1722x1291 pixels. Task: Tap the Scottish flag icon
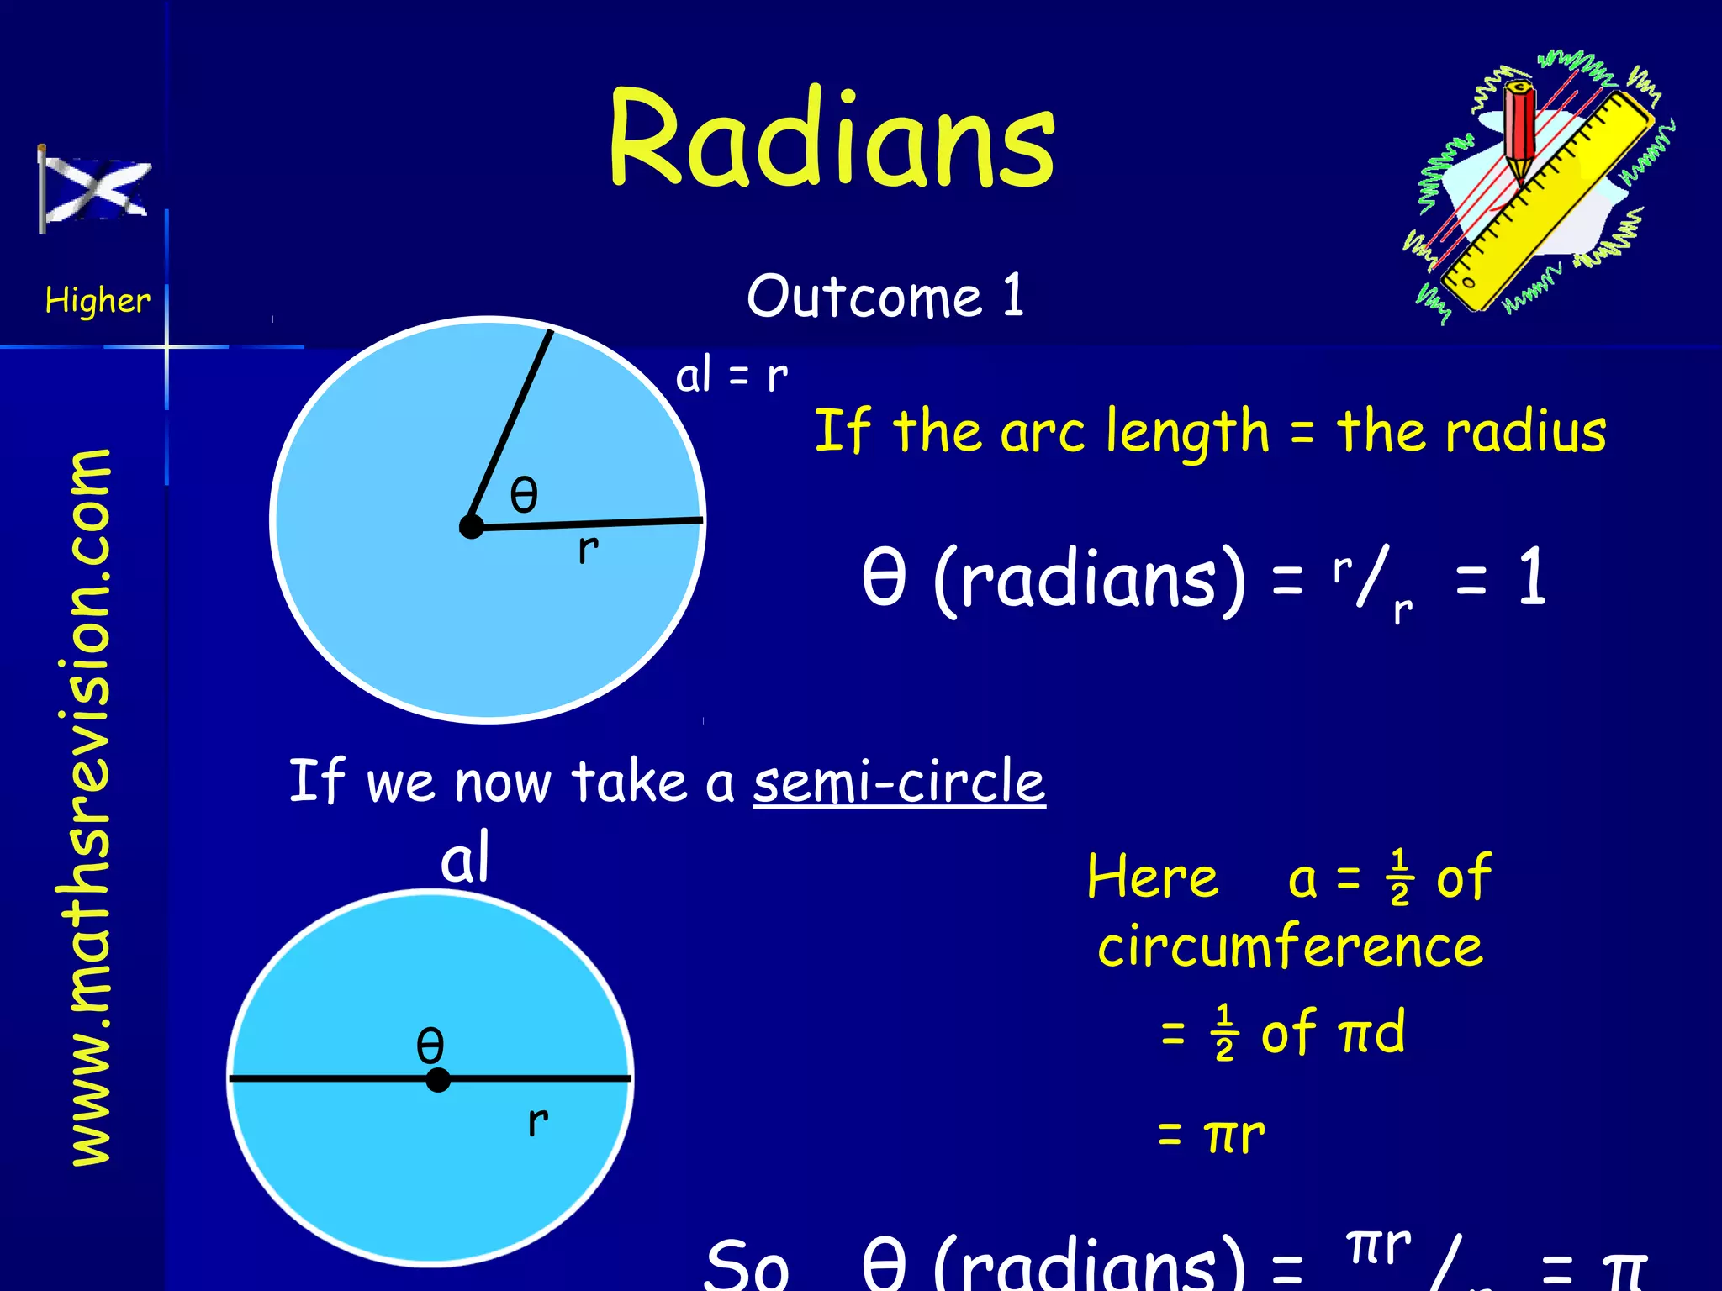tap(94, 189)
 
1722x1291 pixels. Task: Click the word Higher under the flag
tap(98, 300)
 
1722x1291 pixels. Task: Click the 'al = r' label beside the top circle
tap(732, 375)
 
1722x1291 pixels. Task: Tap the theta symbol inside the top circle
tap(524, 494)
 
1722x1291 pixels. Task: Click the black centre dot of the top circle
tap(472, 527)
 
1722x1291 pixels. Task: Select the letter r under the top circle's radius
tap(588, 549)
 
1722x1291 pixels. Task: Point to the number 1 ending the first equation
tap(1532, 577)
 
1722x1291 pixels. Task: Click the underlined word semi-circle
tap(898, 781)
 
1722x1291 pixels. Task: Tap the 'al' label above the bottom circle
tap(464, 857)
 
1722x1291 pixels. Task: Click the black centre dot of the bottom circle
tap(437, 1080)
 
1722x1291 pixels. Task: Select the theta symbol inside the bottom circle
tap(430, 1046)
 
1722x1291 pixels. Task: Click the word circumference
tap(1290, 947)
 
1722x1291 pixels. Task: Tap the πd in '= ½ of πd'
tap(1372, 1031)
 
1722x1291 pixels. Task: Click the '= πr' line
tap(1211, 1135)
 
